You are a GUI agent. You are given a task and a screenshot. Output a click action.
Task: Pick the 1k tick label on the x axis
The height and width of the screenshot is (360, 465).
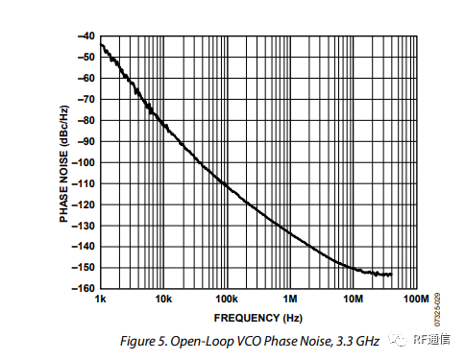101,300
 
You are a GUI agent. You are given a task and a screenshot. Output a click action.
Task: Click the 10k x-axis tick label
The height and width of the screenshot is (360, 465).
162,300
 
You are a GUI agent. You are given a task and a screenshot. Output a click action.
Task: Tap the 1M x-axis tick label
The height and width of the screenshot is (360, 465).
289,300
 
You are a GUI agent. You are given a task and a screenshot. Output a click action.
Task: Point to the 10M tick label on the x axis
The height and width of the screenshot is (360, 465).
353,300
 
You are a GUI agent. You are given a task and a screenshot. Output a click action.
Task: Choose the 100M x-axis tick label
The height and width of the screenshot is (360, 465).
414,300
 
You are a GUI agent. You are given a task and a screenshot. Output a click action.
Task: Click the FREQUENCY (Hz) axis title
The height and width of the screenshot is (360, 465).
257,317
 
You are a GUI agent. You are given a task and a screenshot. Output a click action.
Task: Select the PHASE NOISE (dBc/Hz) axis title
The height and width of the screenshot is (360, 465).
64,162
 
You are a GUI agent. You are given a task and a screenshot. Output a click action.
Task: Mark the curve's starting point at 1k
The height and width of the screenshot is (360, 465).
101,44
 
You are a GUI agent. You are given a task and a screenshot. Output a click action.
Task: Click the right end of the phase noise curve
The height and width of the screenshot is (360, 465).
392,275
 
